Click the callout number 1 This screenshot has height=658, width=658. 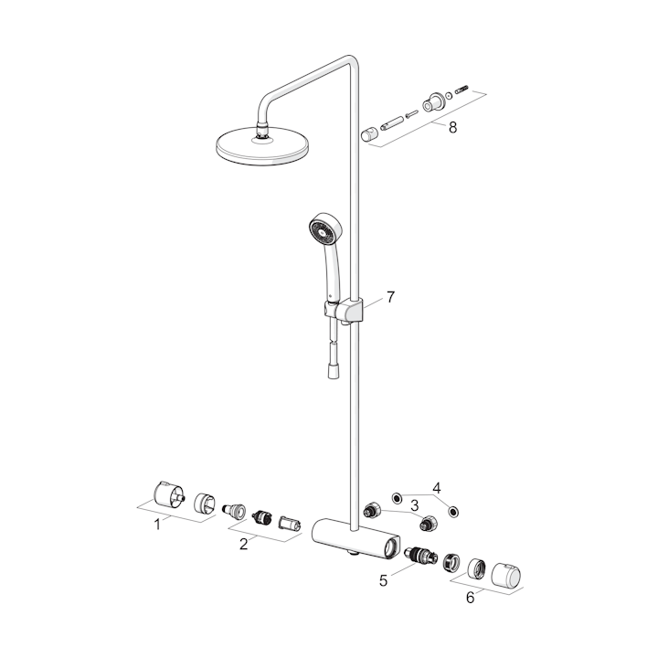coord(157,525)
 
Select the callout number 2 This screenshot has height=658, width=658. coord(243,545)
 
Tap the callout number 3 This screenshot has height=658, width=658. coord(414,505)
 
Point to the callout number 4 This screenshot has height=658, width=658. coord(437,488)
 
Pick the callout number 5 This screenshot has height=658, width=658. coord(383,581)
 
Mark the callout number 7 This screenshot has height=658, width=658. coord(391,297)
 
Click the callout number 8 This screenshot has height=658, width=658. coord(452,127)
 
